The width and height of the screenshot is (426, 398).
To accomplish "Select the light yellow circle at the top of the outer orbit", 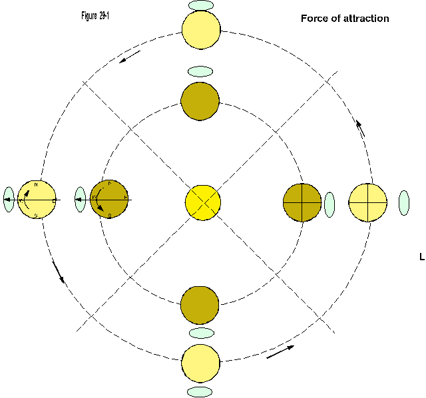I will point(201,30).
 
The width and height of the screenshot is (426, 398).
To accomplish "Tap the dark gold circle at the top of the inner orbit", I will point(200,101).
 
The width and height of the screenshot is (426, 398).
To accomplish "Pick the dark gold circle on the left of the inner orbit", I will point(109,199).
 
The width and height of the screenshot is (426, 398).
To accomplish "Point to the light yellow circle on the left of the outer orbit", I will point(37,200).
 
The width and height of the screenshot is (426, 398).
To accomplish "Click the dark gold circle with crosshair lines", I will point(302,202).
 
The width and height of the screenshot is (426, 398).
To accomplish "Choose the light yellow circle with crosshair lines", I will point(368,202).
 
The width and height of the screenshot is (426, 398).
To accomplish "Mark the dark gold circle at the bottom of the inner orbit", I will point(200,305).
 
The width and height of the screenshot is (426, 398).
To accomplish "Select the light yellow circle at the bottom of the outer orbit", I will point(200,363).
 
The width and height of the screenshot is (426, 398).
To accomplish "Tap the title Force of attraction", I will point(345,19).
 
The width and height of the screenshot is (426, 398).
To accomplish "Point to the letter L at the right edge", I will point(422,257).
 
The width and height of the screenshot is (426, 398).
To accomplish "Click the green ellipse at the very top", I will point(201,5).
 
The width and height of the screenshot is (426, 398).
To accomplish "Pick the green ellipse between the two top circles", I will point(200,71).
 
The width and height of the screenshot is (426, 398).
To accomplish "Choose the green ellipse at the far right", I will point(404,203).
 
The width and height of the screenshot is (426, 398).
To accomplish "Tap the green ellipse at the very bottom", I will point(200,391).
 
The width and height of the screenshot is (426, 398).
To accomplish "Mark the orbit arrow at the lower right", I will point(279,352).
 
